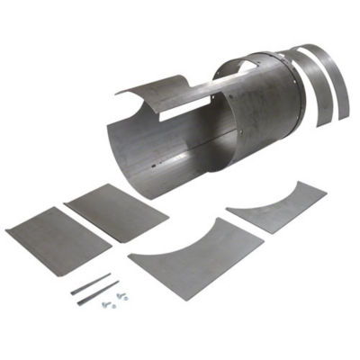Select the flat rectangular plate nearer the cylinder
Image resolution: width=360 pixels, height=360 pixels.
tap(117, 212)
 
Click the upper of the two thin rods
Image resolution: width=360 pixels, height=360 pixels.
tap(90, 283)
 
